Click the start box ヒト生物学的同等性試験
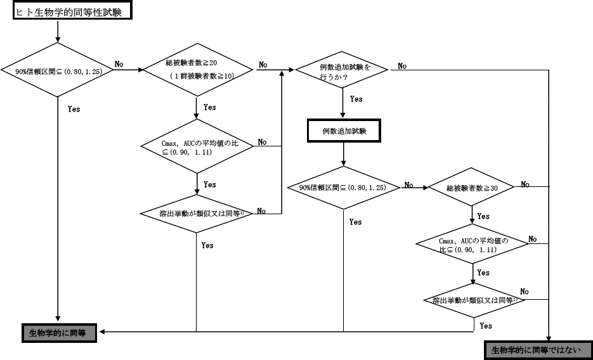click(x=72, y=11)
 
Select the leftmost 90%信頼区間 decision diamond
click(x=58, y=70)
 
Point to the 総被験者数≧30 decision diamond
click(x=471, y=188)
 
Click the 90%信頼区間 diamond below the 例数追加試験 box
click(x=343, y=187)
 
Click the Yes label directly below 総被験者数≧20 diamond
click(x=209, y=108)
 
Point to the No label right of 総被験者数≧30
click(x=525, y=184)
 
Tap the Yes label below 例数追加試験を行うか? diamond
click(x=356, y=100)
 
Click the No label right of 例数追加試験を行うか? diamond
click(x=402, y=66)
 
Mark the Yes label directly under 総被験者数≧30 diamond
click(x=483, y=216)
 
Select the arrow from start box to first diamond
click(x=58, y=32)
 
